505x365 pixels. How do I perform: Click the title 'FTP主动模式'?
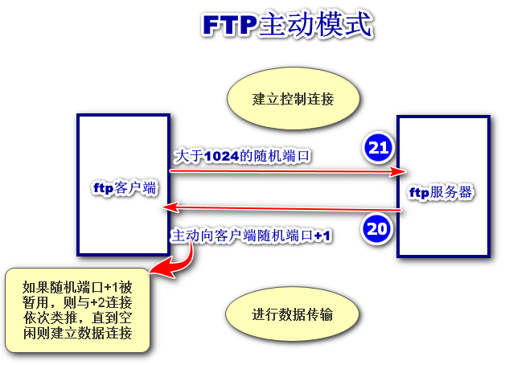pos(286,26)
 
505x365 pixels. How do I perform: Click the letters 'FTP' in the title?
pos(228,27)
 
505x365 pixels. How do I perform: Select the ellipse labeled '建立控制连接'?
pos(293,100)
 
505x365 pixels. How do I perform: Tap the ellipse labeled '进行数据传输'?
pos(293,314)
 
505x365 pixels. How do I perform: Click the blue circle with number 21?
pos(378,147)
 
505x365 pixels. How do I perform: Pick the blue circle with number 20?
pos(377,228)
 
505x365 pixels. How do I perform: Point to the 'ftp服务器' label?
pos(441,193)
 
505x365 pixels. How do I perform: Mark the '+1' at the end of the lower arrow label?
pos(323,236)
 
